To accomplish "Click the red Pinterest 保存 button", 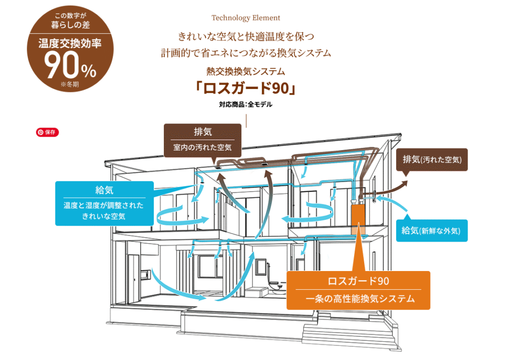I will tap(48, 132).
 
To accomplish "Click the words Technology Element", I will tap(246, 18).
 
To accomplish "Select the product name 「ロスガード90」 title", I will tap(246, 88).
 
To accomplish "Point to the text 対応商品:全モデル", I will tap(246, 105).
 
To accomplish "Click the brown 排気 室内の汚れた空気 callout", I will tap(202, 139).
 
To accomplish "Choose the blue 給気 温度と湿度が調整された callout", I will tap(104, 203).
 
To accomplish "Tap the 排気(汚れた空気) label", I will tap(432, 160).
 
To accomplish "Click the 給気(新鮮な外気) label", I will tap(432, 231).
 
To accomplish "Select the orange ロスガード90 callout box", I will tap(358, 290).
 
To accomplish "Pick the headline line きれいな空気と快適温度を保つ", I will tap(246, 36).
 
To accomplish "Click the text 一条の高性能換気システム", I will tap(358, 299).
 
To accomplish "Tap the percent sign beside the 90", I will tap(88, 71).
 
